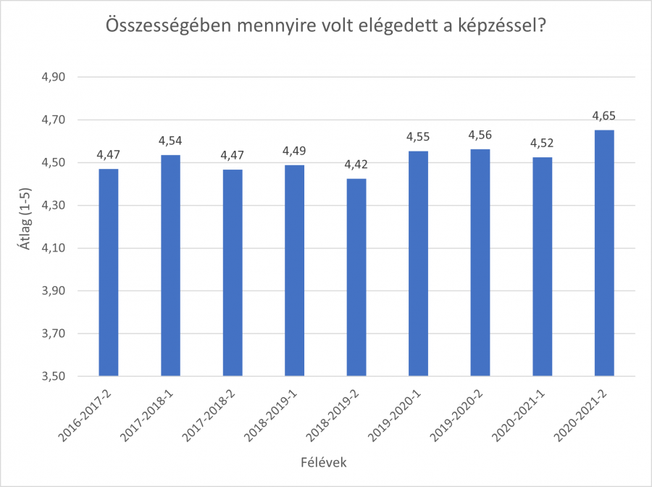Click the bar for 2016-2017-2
(109, 272)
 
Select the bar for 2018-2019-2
(356, 278)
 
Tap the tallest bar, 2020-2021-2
(604, 253)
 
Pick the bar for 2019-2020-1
(419, 264)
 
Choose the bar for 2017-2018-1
(170, 265)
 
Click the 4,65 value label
(604, 115)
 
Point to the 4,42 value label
(356, 164)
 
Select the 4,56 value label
(480, 135)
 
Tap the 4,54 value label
(170, 140)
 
